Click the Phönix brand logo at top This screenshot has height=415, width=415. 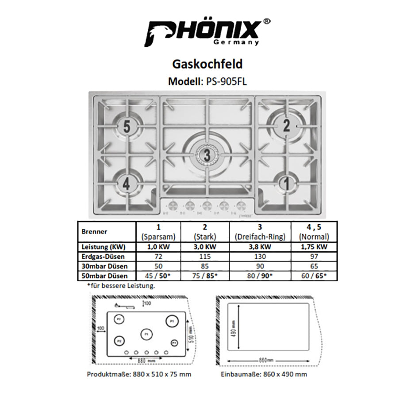207,32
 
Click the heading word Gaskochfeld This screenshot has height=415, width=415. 207,64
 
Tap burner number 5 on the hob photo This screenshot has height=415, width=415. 127,127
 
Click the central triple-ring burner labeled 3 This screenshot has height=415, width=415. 207,155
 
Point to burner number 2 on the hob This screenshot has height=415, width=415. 286,126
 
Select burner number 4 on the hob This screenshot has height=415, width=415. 127,184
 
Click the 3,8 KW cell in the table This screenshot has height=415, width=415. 260,247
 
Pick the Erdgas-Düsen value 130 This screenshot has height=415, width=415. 260,257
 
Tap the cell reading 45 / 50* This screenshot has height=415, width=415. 159,276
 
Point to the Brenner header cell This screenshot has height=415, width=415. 95,231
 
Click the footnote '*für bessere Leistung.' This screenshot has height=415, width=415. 121,286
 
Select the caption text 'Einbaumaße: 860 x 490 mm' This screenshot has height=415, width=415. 264,374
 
